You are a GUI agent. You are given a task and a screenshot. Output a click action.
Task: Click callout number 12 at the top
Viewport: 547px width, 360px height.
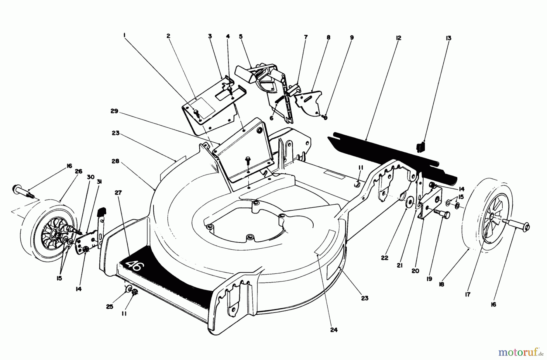[x=399, y=38]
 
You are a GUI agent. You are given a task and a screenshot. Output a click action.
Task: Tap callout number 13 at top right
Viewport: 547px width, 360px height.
[x=449, y=38]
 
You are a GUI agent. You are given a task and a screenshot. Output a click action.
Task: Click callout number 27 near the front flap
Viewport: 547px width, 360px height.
[x=118, y=192]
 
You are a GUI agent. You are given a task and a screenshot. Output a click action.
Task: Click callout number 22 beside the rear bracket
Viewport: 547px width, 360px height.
[x=385, y=258]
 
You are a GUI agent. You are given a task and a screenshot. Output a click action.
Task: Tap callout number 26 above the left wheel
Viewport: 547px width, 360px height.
[x=78, y=171]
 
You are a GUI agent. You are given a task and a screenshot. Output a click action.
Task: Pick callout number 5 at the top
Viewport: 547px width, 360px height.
[x=241, y=36]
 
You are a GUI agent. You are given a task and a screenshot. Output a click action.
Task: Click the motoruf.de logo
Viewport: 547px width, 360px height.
[x=520, y=353]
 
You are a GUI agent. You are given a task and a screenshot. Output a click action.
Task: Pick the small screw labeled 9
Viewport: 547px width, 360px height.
[x=324, y=116]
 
